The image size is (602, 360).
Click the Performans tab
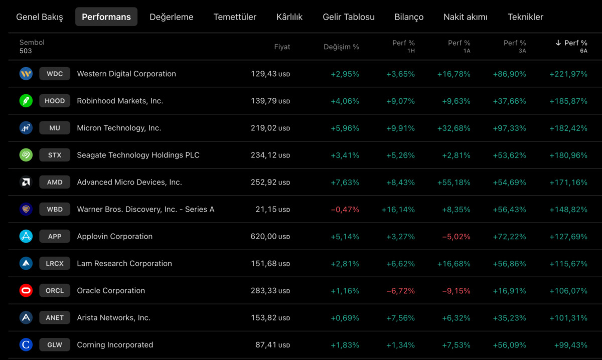pos(106,17)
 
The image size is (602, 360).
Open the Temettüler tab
pos(235,17)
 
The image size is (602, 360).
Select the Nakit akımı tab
pos(465,17)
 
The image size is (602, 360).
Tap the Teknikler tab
pos(525,17)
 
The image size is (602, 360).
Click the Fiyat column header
pos(282,47)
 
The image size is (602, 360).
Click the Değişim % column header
pos(341,47)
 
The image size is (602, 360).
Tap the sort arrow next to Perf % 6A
pos(558,43)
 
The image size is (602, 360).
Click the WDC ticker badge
pos(55,74)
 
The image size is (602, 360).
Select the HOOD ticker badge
pos(55,101)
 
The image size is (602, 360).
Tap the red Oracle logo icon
pos(26,290)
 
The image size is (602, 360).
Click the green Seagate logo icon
pos(26,155)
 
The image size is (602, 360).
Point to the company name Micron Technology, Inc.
pos(119,128)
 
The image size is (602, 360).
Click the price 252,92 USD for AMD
pos(270,182)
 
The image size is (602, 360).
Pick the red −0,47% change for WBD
pos(345,210)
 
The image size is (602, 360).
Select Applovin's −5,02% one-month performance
pos(456,237)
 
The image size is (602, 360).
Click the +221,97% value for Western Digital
pos(568,74)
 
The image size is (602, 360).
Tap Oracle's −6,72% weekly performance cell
pos(400,291)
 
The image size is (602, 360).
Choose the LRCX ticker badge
pos(55,263)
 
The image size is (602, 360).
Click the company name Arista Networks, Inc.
pos(113,317)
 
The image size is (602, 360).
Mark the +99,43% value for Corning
pos(570,345)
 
